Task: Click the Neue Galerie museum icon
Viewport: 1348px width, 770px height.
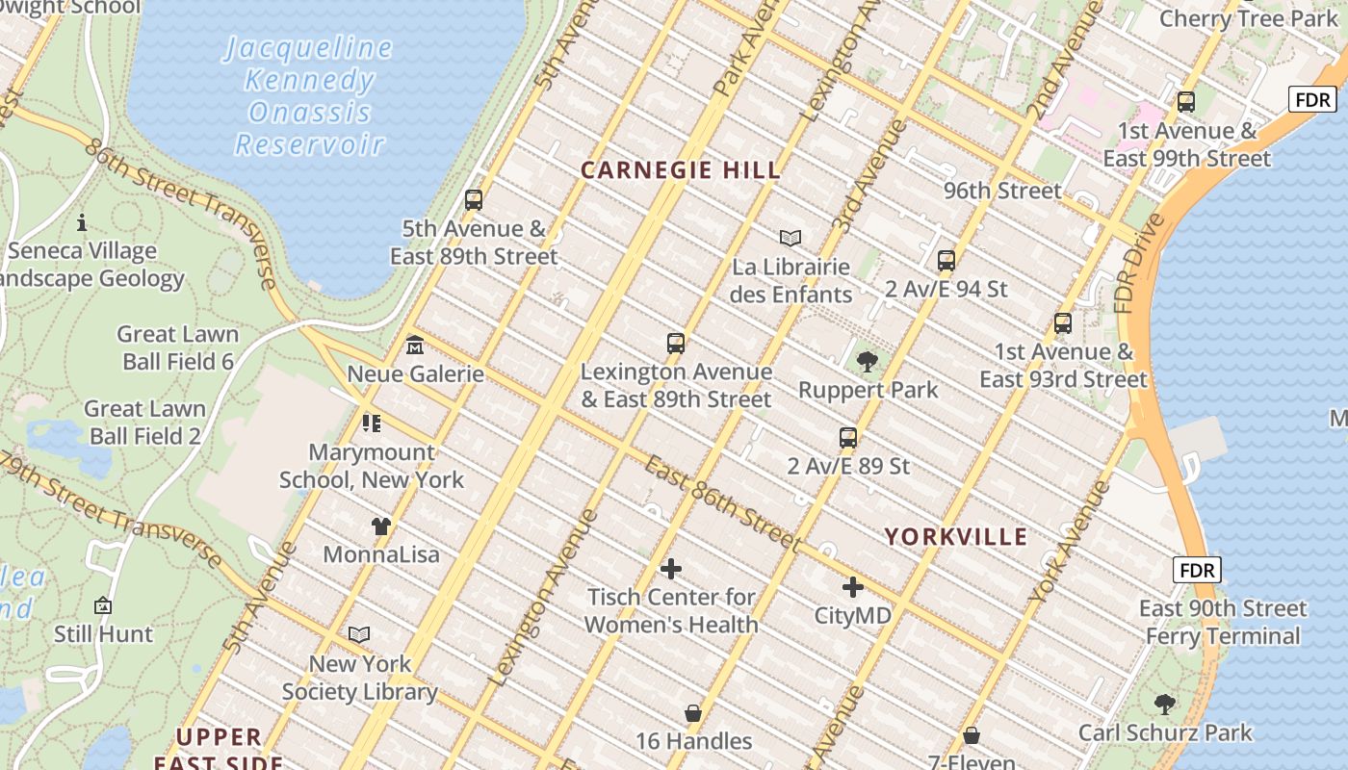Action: (414, 344)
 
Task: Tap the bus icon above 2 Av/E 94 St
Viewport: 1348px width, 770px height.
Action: (946, 260)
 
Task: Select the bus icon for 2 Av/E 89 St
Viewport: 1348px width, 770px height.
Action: (847, 438)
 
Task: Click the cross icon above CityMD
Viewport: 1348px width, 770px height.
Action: (852, 586)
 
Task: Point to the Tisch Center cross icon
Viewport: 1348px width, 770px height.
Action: (671, 569)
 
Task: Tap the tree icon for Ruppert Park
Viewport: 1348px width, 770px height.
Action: (867, 362)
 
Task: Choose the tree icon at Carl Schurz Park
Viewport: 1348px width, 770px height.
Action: (1165, 704)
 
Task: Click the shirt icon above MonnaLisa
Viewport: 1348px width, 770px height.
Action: (381, 526)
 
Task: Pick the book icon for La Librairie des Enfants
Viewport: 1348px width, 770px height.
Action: (791, 238)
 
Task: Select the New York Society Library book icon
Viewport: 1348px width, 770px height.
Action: (359, 635)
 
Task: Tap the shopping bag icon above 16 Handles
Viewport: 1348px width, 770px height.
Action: (693, 713)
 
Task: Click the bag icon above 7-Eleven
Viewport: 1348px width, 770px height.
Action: (972, 736)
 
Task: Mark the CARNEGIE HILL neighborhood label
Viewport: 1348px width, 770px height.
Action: (681, 171)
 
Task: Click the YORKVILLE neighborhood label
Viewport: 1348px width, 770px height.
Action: (956, 537)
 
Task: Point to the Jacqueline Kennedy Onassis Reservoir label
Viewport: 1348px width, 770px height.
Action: (310, 96)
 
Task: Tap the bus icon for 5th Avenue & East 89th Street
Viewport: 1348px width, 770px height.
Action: (473, 200)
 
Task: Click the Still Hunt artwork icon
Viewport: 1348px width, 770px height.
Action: (103, 605)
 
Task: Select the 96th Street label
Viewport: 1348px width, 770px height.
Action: (1002, 191)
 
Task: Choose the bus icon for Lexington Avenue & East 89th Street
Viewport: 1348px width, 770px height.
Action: (676, 344)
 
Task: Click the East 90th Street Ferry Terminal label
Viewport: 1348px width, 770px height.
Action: (1223, 622)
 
